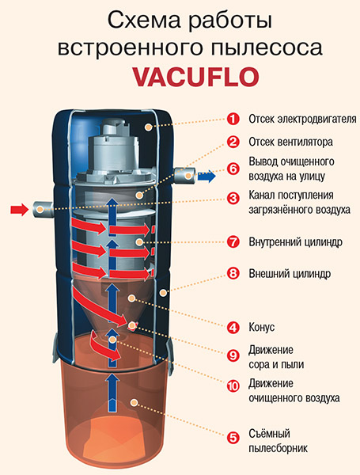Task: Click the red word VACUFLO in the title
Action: tap(196, 77)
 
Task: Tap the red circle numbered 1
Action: tap(233, 119)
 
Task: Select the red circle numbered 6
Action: tap(233, 169)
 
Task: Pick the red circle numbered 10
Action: tap(233, 386)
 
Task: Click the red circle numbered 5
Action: tap(233, 438)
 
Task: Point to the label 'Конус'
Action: tap(262, 327)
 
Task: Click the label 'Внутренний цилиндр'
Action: tap(295, 242)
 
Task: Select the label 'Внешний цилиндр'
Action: tap(290, 274)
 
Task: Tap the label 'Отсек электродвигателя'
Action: tap(302, 119)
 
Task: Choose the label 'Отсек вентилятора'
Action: tap(290, 142)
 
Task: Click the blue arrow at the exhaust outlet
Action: tap(207, 177)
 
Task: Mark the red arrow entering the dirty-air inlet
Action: tap(19, 209)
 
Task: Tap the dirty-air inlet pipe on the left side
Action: tap(43, 209)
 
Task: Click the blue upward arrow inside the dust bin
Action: tap(112, 393)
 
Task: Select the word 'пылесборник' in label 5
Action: tap(278, 448)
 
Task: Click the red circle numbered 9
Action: tap(233, 355)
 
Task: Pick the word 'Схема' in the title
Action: tap(144, 21)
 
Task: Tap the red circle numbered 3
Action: tap(233, 199)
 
